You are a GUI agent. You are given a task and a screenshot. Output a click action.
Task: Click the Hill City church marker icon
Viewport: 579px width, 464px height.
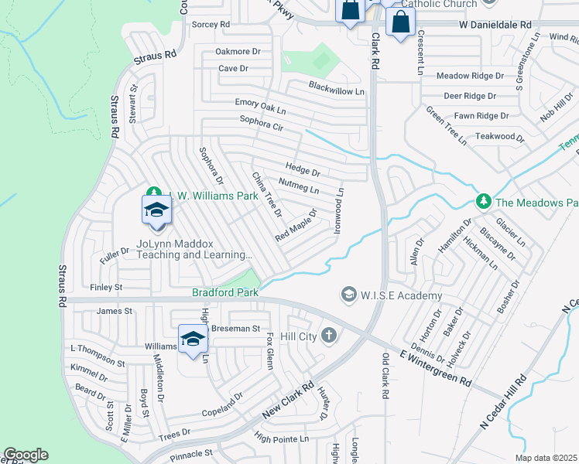[x=329, y=335]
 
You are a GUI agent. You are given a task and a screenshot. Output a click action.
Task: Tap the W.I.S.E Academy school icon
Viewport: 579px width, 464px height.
[x=348, y=295]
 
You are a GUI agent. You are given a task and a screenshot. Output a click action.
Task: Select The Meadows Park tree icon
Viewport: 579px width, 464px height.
[x=484, y=202]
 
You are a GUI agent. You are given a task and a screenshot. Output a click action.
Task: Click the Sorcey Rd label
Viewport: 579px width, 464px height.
[x=211, y=25]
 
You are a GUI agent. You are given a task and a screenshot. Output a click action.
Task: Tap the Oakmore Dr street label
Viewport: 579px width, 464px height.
[x=233, y=52]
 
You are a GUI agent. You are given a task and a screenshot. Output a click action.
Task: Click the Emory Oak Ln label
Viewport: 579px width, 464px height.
[x=260, y=103]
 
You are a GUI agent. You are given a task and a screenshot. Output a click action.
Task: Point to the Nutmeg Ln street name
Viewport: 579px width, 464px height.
[x=298, y=188]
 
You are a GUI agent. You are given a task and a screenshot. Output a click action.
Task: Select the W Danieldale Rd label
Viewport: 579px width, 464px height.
[x=495, y=25]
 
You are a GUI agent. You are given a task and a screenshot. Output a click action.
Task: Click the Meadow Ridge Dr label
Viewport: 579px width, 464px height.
[x=470, y=77]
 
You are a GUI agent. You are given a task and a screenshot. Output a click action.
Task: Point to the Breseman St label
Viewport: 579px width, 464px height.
[x=237, y=329]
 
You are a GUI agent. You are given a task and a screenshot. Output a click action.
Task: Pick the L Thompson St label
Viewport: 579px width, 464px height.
[x=98, y=356]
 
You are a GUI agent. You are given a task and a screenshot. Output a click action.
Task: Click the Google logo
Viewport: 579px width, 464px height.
[x=26, y=455]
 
